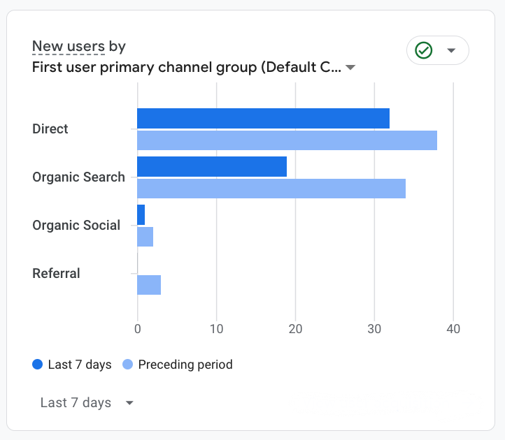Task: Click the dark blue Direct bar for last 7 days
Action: pyautogui.click(x=263, y=119)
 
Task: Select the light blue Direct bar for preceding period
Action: pyautogui.click(x=287, y=140)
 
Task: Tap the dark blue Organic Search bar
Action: pyautogui.click(x=212, y=167)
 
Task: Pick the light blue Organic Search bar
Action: pyautogui.click(x=271, y=189)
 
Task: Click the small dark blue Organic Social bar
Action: pyautogui.click(x=141, y=215)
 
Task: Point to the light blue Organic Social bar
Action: pyautogui.click(x=145, y=237)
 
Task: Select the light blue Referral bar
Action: pyautogui.click(x=149, y=285)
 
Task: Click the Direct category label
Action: pyautogui.click(x=50, y=129)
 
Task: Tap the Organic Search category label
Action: pyautogui.click(x=78, y=177)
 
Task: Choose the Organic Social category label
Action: pyautogui.click(x=76, y=226)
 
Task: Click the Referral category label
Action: pyautogui.click(x=56, y=274)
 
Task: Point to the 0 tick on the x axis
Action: pyautogui.click(x=137, y=329)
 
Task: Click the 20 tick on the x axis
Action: pyautogui.click(x=295, y=329)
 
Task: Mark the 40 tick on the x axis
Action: pyautogui.click(x=453, y=329)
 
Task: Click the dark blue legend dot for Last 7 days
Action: pyautogui.click(x=38, y=365)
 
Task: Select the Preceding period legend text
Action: pyautogui.click(x=185, y=365)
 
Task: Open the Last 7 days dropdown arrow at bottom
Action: pyautogui.click(x=129, y=403)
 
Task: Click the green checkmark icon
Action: pyautogui.click(x=423, y=50)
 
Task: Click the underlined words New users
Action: pyautogui.click(x=69, y=47)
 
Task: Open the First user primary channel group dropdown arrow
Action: pyautogui.click(x=350, y=68)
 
